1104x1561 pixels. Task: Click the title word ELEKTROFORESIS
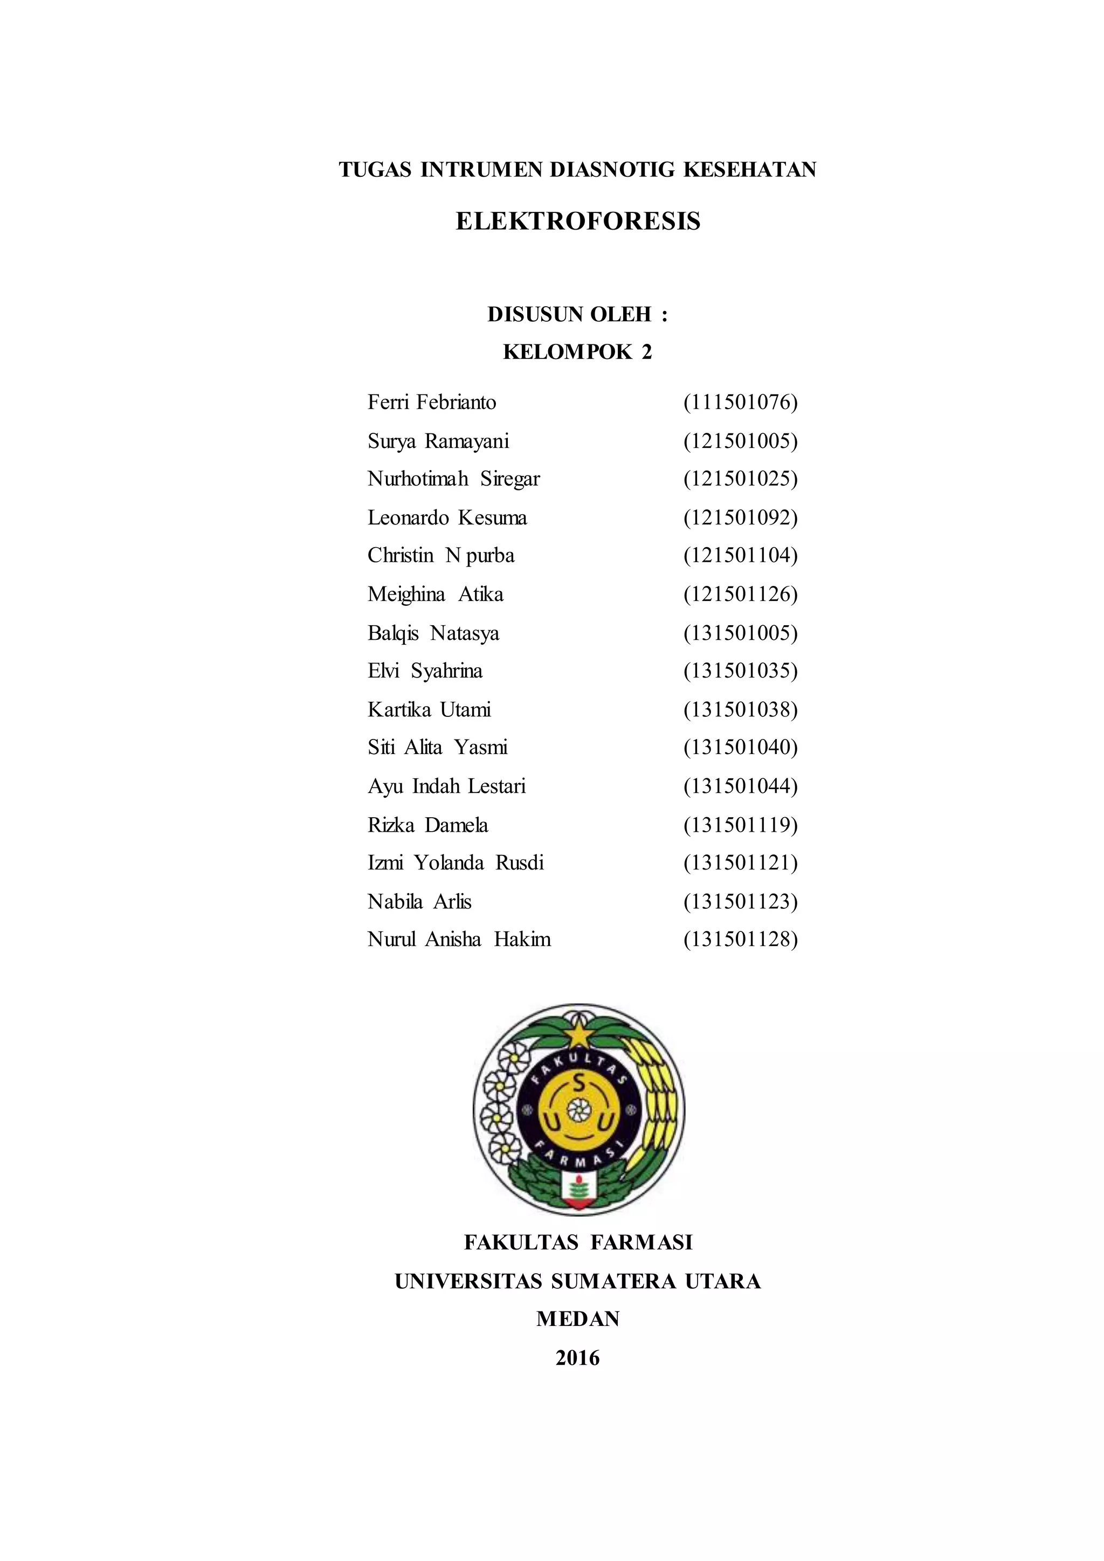point(577,221)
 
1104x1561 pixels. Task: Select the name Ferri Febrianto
point(432,403)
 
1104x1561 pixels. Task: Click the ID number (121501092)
point(740,517)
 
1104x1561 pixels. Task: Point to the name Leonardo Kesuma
point(447,517)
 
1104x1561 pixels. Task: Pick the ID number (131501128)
point(740,939)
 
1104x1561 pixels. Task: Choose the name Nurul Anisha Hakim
point(459,939)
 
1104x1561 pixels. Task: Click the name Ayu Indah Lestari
point(447,786)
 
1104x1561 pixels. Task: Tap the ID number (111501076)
point(740,403)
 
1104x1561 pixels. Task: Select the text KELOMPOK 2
point(577,351)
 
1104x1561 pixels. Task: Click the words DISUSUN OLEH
point(570,314)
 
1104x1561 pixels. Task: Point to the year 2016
point(577,1358)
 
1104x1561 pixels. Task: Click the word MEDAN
point(577,1319)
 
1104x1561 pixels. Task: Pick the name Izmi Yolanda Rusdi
point(456,863)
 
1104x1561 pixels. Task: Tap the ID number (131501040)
point(740,747)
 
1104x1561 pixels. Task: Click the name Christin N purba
point(440,556)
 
